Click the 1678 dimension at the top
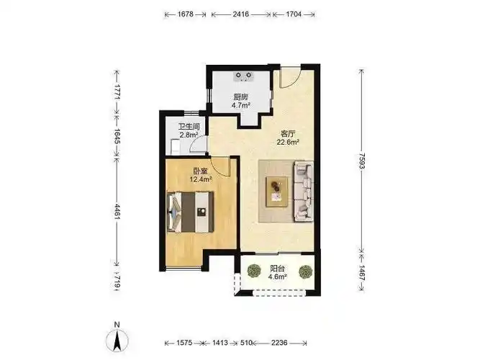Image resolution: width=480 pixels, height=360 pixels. coord(185,14)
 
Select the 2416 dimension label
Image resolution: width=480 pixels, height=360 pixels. coord(240,14)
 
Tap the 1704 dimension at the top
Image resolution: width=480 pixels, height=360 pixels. coord(294,14)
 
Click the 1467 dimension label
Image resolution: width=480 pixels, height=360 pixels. coord(362,273)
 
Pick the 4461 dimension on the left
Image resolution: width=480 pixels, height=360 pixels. coord(117,211)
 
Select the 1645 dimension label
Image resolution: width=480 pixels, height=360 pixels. coord(117,136)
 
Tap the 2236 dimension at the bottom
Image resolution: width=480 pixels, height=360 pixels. coord(279,343)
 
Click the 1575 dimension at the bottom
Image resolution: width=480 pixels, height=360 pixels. coord(184,343)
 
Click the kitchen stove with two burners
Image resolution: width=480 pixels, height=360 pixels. coord(244,76)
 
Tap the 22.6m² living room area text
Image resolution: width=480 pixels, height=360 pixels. coord(288,142)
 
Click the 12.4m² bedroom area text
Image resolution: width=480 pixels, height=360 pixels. coord(201,179)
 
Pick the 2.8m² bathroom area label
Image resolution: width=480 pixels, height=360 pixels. coord(189,135)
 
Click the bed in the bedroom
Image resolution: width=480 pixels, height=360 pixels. coord(190,212)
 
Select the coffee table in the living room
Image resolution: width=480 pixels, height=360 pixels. coord(277,192)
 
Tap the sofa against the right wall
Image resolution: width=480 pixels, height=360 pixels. coord(304,192)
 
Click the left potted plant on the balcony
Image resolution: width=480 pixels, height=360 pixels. coord(254,271)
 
